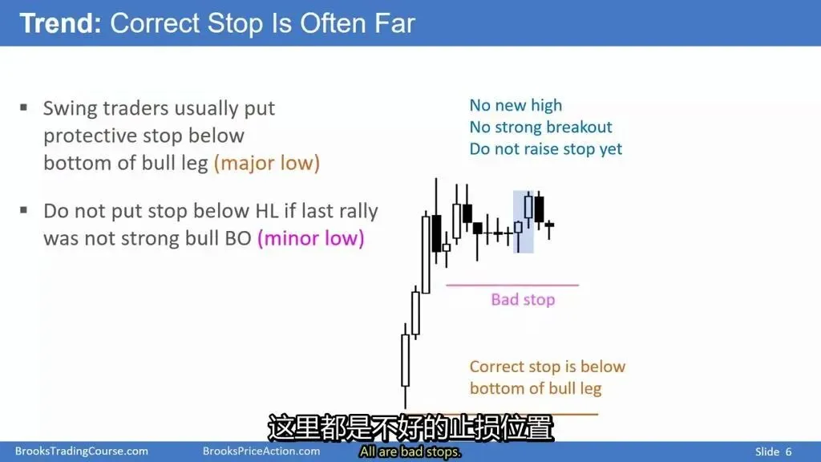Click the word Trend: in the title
coord(60,23)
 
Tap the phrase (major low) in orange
coord(266,163)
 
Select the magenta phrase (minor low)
coord(310,238)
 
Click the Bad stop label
coord(523,300)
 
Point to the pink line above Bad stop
coord(512,286)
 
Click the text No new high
coord(516,105)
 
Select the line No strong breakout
coord(540,127)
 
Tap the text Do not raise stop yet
coord(545,148)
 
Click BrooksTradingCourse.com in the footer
coord(82,451)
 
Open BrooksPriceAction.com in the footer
coord(261,451)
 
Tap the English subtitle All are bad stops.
coord(410,452)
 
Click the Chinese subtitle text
coord(410,428)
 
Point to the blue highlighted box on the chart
coord(523,222)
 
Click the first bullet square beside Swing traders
coord(23,108)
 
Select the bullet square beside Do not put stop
coord(23,211)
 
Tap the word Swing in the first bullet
coord(71,109)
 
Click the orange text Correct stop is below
coord(547,367)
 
